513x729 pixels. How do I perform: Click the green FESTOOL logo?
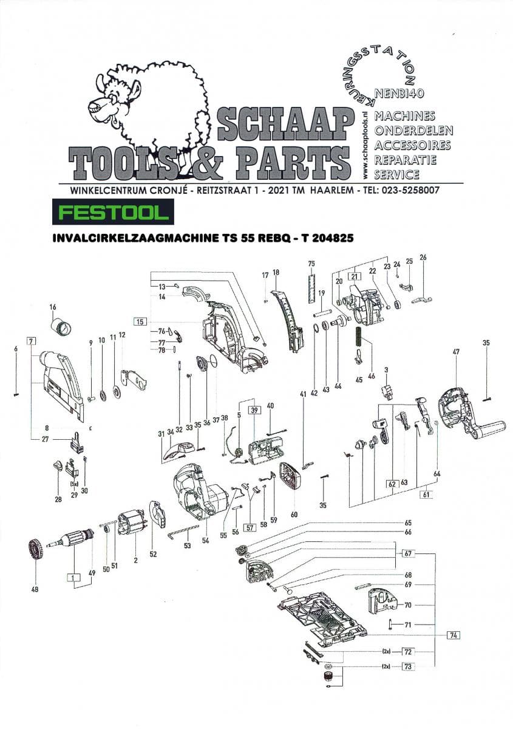tap(113, 213)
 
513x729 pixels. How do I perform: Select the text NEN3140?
tap(399, 94)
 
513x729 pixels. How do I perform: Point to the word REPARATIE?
tap(406, 160)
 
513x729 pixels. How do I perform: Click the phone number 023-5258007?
tap(412, 190)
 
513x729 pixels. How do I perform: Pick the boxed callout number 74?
tap(454, 635)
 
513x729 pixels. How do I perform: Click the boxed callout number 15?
tap(140, 321)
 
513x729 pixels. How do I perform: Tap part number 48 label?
tap(35, 589)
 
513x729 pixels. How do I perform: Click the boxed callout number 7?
tap(31, 341)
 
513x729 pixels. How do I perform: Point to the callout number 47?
tap(456, 352)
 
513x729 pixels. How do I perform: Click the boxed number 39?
tap(254, 410)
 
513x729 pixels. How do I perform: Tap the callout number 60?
tap(294, 515)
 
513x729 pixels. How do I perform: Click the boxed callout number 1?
tap(74, 578)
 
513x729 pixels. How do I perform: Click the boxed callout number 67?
tap(409, 553)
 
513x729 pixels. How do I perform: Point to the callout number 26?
tap(423, 257)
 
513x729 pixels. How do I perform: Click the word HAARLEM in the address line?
tap(331, 190)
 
